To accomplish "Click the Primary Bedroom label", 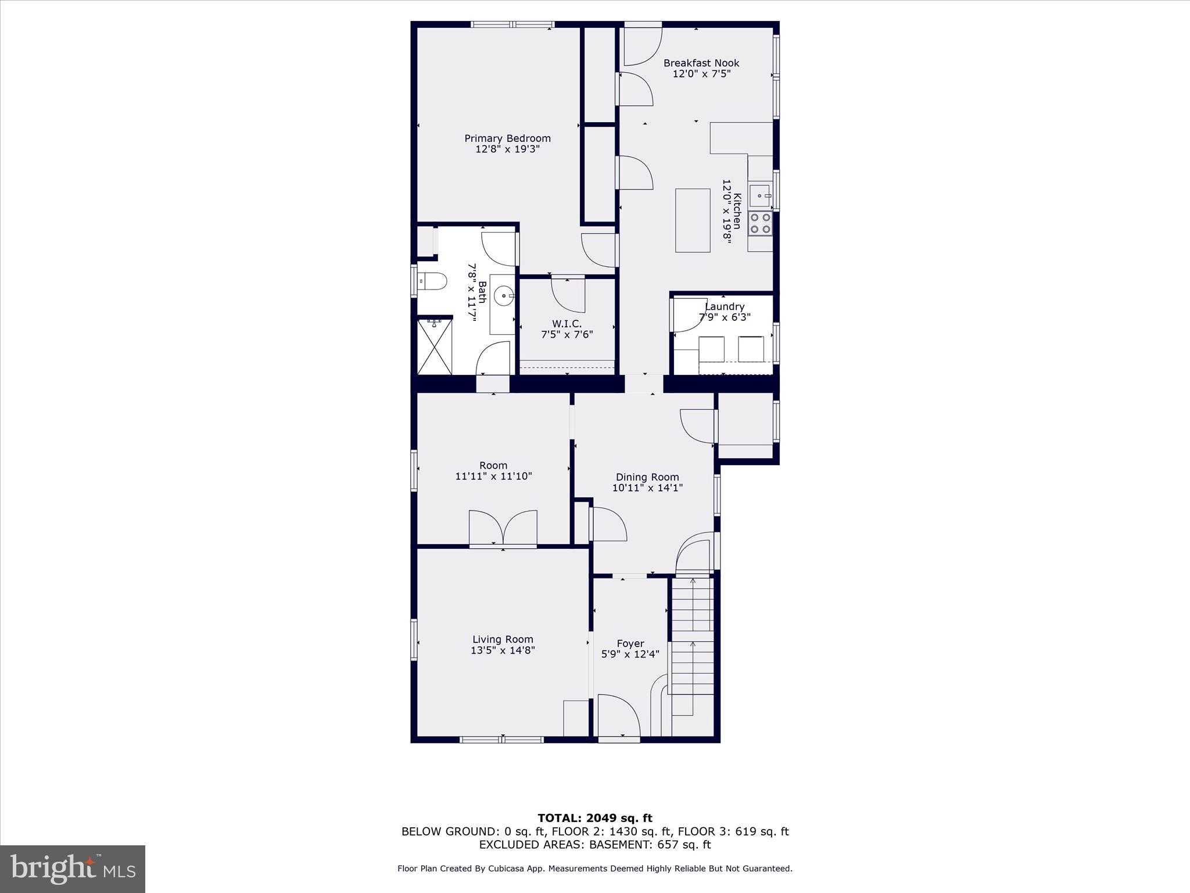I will [507, 138].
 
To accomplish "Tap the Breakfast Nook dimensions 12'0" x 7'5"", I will [701, 74].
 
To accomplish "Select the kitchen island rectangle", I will [693, 220].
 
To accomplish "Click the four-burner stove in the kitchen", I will [760, 223].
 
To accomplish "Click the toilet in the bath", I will [432, 281].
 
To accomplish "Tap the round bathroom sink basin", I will [503, 296].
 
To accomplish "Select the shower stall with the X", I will [435, 346].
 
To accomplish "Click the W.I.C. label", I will [567, 324].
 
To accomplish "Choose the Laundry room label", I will [725, 306].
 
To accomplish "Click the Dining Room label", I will [647, 477].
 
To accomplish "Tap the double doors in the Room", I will [503, 528].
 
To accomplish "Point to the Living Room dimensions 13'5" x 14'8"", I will [503, 651].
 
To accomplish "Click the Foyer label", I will [630, 644].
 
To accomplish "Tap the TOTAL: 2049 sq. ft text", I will [594, 819].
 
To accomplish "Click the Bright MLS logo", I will [73, 869].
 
